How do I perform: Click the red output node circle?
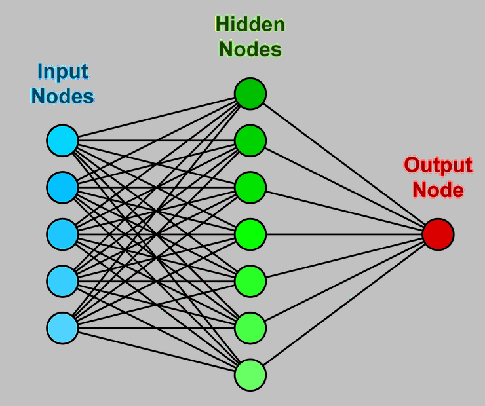(438, 234)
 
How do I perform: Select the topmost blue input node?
(62, 141)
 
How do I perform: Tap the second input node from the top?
(62, 187)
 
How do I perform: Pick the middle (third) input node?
(62, 234)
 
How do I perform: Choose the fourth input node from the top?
(62, 280)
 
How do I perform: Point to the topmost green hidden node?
(250, 94)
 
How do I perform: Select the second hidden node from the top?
(250, 140)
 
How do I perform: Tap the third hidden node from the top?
(250, 187)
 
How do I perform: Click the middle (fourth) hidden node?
(250, 234)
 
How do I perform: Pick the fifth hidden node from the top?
(250, 280)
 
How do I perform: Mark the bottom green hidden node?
(250, 375)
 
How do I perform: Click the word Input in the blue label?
(62, 71)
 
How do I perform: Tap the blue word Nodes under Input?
(62, 96)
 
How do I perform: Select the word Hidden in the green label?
(250, 25)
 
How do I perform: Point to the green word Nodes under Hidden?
(250, 49)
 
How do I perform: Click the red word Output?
(438, 165)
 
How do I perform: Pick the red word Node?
(438, 190)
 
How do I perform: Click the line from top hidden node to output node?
(344, 163)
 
